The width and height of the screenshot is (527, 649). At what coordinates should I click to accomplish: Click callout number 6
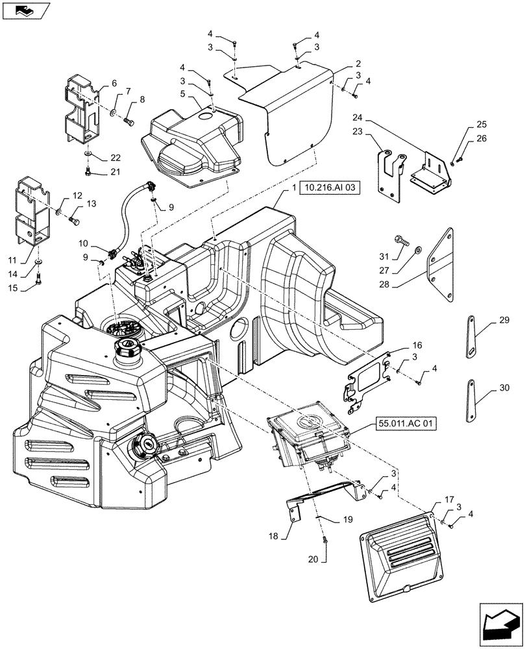[x=114, y=83]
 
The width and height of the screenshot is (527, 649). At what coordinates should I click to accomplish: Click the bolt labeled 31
[x=402, y=243]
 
